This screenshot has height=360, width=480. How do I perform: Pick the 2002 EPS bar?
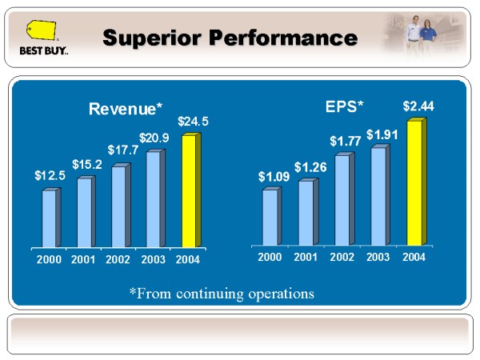pyautogui.click(x=342, y=199)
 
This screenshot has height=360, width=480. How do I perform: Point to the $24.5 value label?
pyautogui.click(x=193, y=122)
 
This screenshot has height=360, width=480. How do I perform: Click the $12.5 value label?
pyautogui.click(x=50, y=175)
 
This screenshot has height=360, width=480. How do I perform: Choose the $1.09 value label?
pyautogui.click(x=273, y=175)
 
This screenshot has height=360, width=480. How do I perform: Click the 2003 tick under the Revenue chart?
pyautogui.click(x=153, y=260)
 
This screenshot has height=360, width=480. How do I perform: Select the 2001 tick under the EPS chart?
pyautogui.click(x=306, y=257)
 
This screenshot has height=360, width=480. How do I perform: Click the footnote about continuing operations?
pyautogui.click(x=222, y=294)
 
